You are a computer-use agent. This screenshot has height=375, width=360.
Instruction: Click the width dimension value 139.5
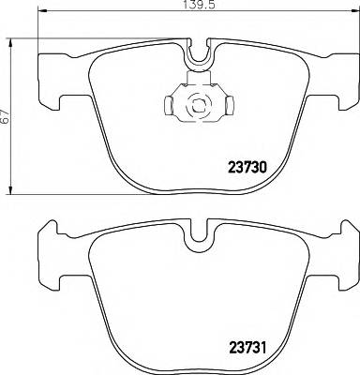coord(193,6)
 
